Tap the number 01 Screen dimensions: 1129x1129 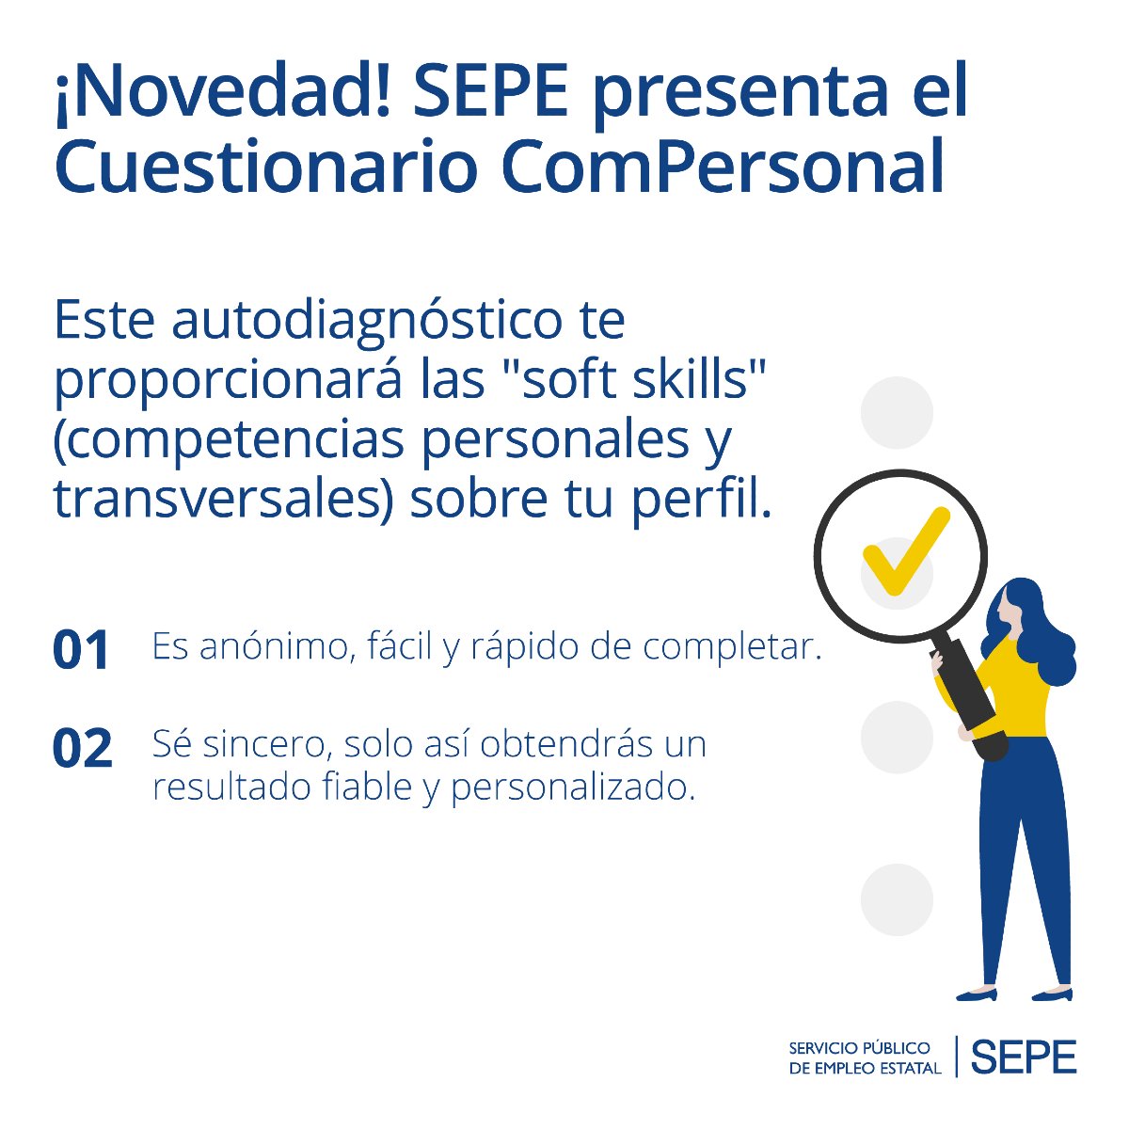(82, 650)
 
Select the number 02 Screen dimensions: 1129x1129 (83, 749)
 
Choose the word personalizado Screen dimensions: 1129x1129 (574, 787)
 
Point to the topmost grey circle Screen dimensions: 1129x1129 (897, 412)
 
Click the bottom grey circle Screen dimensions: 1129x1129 (897, 899)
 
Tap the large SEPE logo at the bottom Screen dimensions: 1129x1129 (1023, 1057)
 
